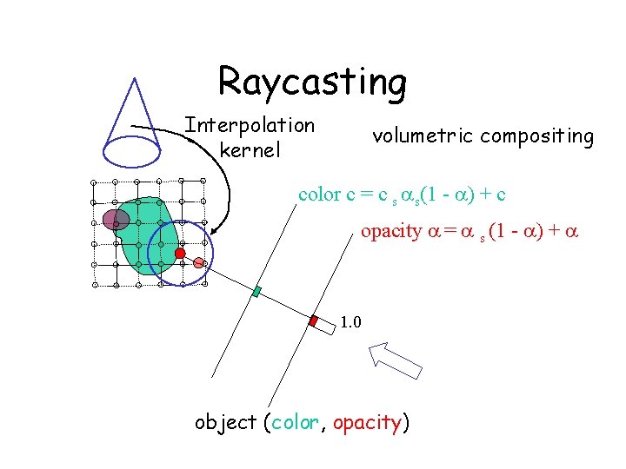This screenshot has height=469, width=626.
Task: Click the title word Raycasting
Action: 312,82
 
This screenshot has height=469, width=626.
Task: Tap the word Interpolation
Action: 250,125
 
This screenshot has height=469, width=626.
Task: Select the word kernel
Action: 250,150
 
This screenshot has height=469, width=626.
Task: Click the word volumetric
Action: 423,136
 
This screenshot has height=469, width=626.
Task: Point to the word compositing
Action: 536,136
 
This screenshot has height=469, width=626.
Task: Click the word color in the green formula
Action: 318,195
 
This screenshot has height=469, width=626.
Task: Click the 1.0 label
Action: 351,323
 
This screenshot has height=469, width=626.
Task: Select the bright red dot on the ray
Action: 180,254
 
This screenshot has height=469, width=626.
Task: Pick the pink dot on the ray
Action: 199,262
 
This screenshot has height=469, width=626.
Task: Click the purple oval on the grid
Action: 116,220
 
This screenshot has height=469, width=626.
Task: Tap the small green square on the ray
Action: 256,291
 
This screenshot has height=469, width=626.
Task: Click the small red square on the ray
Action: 314,320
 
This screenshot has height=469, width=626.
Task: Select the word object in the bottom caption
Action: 225,423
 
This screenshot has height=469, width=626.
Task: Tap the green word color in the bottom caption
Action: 296,423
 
